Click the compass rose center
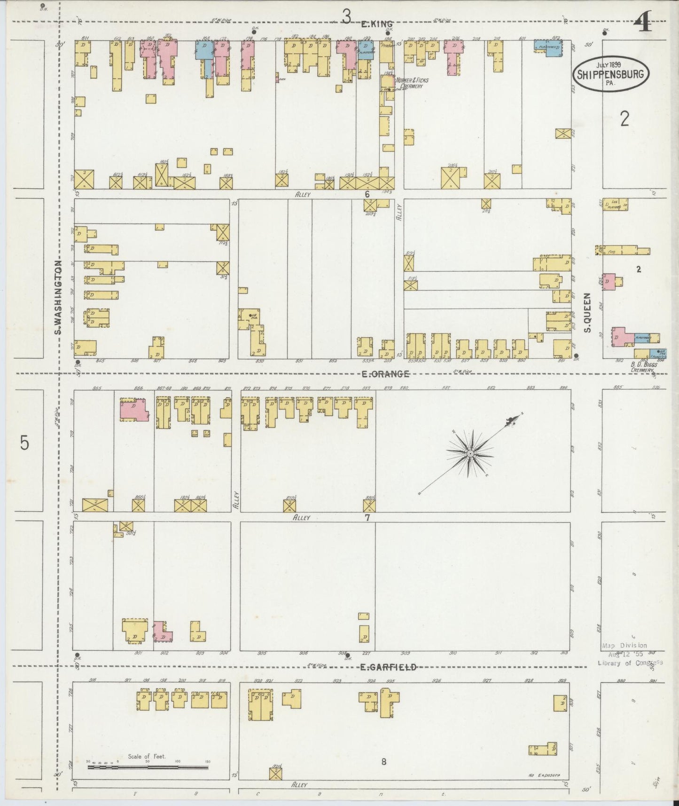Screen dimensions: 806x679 tap(470, 453)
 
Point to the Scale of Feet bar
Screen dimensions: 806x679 tap(148, 767)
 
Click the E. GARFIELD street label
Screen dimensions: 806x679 tap(388, 667)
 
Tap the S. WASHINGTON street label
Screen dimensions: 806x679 tap(58, 298)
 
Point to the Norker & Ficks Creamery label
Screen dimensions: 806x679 tap(412, 83)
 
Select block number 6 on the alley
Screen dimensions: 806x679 tap(367, 194)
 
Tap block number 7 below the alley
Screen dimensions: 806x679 tap(367, 518)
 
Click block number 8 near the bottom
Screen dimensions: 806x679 tap(383, 762)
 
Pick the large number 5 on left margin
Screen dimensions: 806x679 tap(24, 443)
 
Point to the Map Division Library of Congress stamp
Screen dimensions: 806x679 tap(630, 654)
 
